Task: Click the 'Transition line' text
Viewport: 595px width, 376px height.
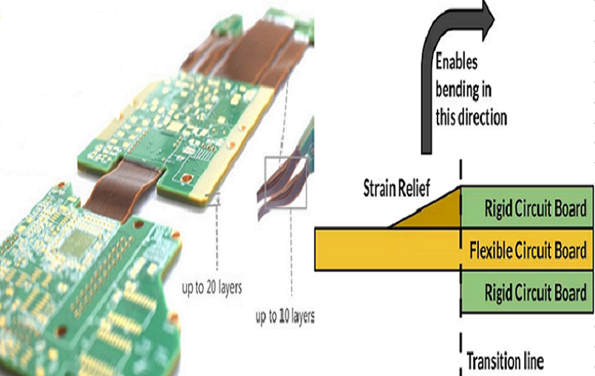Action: pos(506,361)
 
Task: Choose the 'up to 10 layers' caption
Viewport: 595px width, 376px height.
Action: pos(285,317)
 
